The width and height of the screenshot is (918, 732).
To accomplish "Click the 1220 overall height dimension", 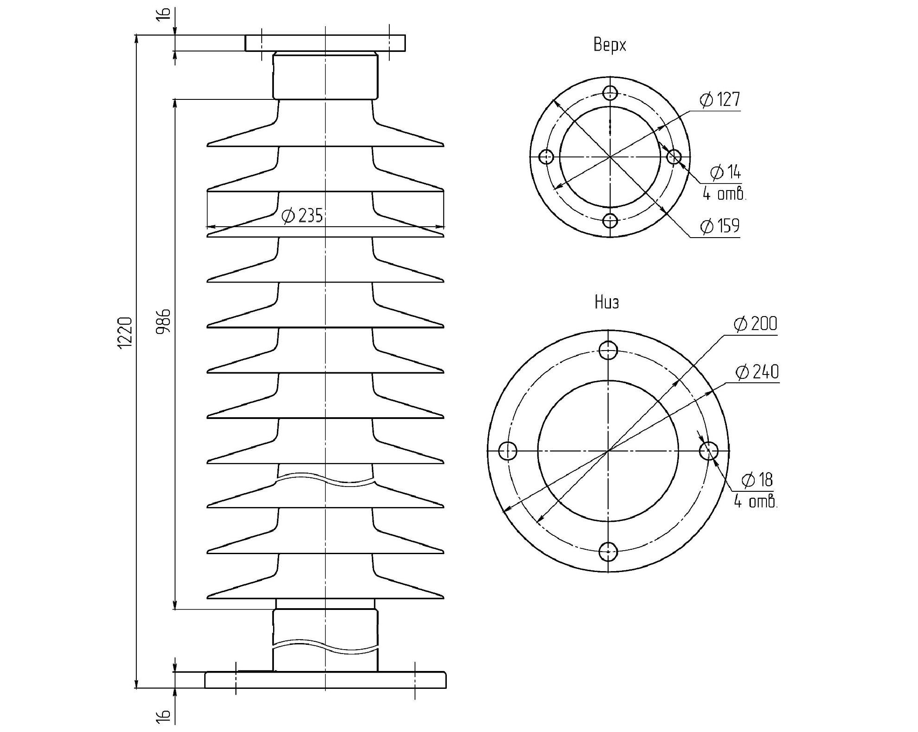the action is pos(125,332).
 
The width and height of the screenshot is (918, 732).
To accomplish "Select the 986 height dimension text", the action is pos(164,321).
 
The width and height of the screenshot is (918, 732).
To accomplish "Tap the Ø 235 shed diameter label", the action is pos(302,215).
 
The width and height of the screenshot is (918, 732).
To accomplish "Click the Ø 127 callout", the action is pos(720,99).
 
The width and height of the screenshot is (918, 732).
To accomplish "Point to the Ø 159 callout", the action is pos(720,226).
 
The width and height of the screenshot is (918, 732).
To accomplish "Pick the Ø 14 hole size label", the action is pos(726,173).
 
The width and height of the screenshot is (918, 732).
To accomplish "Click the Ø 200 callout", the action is pos(756,324).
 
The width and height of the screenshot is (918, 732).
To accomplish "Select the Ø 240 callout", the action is pos(757,372).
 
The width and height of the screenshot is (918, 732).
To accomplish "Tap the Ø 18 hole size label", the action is pos(757,480).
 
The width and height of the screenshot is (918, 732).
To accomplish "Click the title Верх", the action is pos(610,45).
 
